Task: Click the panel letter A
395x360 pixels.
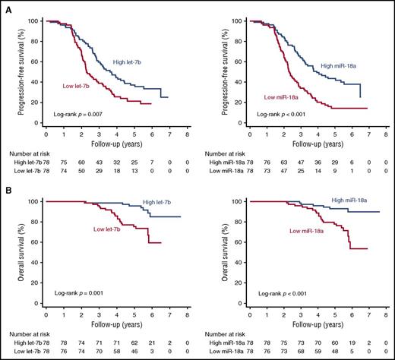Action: [6, 7]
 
